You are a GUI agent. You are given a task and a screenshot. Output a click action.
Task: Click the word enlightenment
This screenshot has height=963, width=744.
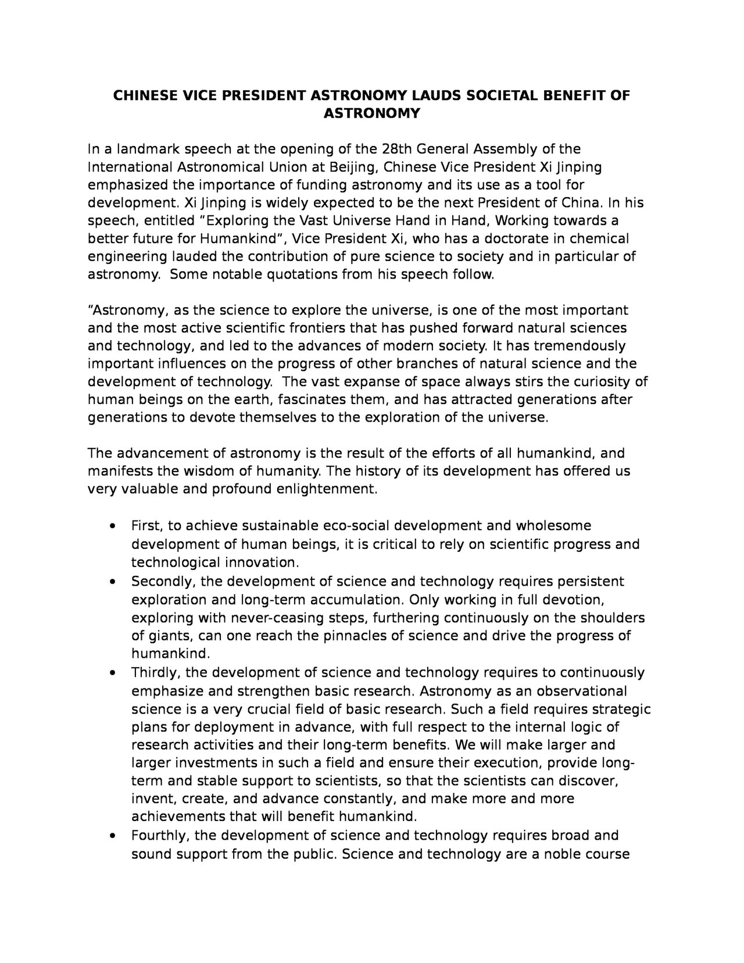coord(327,489)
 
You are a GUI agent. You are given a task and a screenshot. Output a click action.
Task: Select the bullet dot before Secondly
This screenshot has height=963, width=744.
coord(113,582)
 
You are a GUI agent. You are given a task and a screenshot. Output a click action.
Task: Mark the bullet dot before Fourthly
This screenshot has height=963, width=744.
coord(113,836)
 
